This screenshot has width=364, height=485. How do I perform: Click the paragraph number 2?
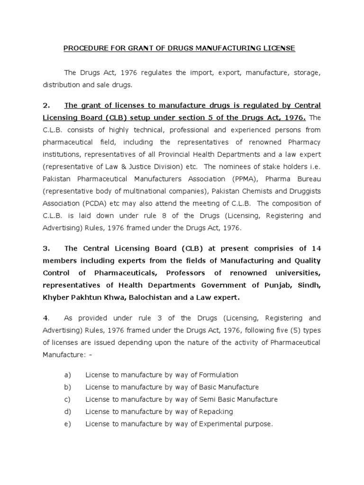(x=46, y=105)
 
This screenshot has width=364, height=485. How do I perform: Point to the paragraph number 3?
(x=46, y=249)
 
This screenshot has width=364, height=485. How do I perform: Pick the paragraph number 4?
(x=45, y=318)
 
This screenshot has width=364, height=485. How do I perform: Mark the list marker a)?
(x=67, y=375)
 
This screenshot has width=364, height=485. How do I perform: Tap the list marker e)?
(x=67, y=424)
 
